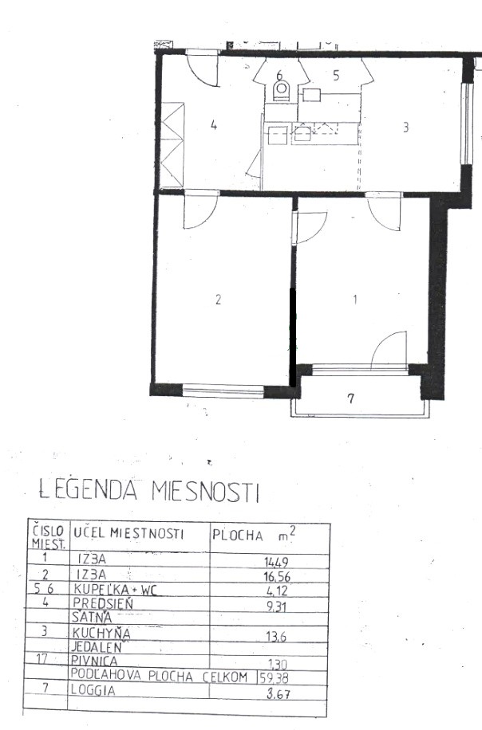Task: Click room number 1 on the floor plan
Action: point(357,300)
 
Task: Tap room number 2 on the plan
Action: point(218,300)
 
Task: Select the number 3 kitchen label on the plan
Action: point(405,127)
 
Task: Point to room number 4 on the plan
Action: point(213,124)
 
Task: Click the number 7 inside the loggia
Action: point(350,399)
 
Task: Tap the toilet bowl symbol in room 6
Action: point(280,92)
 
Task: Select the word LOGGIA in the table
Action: point(93,691)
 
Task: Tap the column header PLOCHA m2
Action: point(259,534)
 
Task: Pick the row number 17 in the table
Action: point(45,659)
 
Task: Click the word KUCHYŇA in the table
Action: point(101,633)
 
